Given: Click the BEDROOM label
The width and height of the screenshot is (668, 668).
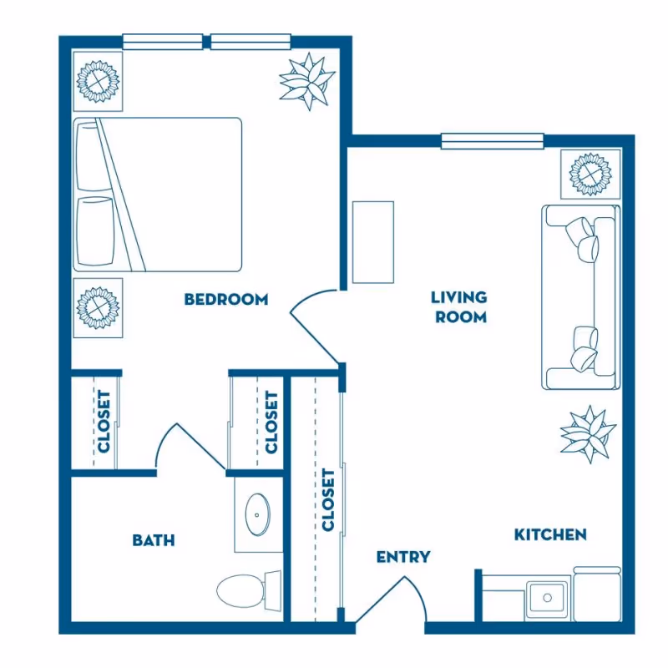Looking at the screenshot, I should [x=225, y=299].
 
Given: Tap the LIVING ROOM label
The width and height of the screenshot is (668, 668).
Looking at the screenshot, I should [x=458, y=306].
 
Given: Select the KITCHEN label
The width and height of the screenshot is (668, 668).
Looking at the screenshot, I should [x=549, y=534].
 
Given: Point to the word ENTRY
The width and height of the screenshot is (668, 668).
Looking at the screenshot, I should [x=402, y=557].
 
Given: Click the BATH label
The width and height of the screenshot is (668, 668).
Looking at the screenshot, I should [x=154, y=540].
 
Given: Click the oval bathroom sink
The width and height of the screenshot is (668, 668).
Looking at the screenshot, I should [x=256, y=515].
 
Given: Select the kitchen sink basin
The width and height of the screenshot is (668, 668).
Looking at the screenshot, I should [x=548, y=598].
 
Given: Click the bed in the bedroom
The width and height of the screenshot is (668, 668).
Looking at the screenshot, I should [x=159, y=194].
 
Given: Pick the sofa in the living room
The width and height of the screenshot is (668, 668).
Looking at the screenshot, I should [x=581, y=296].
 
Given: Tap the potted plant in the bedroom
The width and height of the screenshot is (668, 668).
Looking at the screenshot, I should [x=306, y=81].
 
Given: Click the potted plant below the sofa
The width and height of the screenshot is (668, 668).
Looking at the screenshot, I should [x=589, y=433].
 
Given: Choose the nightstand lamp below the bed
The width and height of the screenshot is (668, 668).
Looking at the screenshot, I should [x=98, y=308].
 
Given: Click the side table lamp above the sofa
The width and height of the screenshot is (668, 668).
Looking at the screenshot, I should [x=590, y=174].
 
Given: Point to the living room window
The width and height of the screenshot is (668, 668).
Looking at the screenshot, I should [x=492, y=141].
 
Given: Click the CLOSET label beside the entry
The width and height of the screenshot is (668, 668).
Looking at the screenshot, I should [x=328, y=499].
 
